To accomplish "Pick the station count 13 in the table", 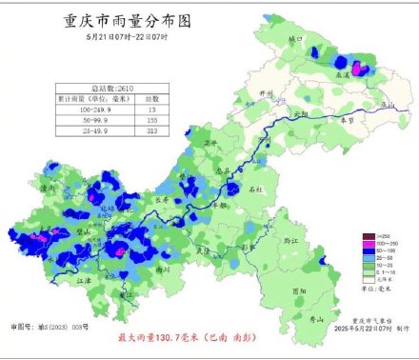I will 152,110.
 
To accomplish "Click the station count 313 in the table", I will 152,134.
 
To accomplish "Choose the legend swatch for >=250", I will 368,234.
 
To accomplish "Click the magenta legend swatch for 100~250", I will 368,243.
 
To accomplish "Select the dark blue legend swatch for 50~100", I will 368,250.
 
